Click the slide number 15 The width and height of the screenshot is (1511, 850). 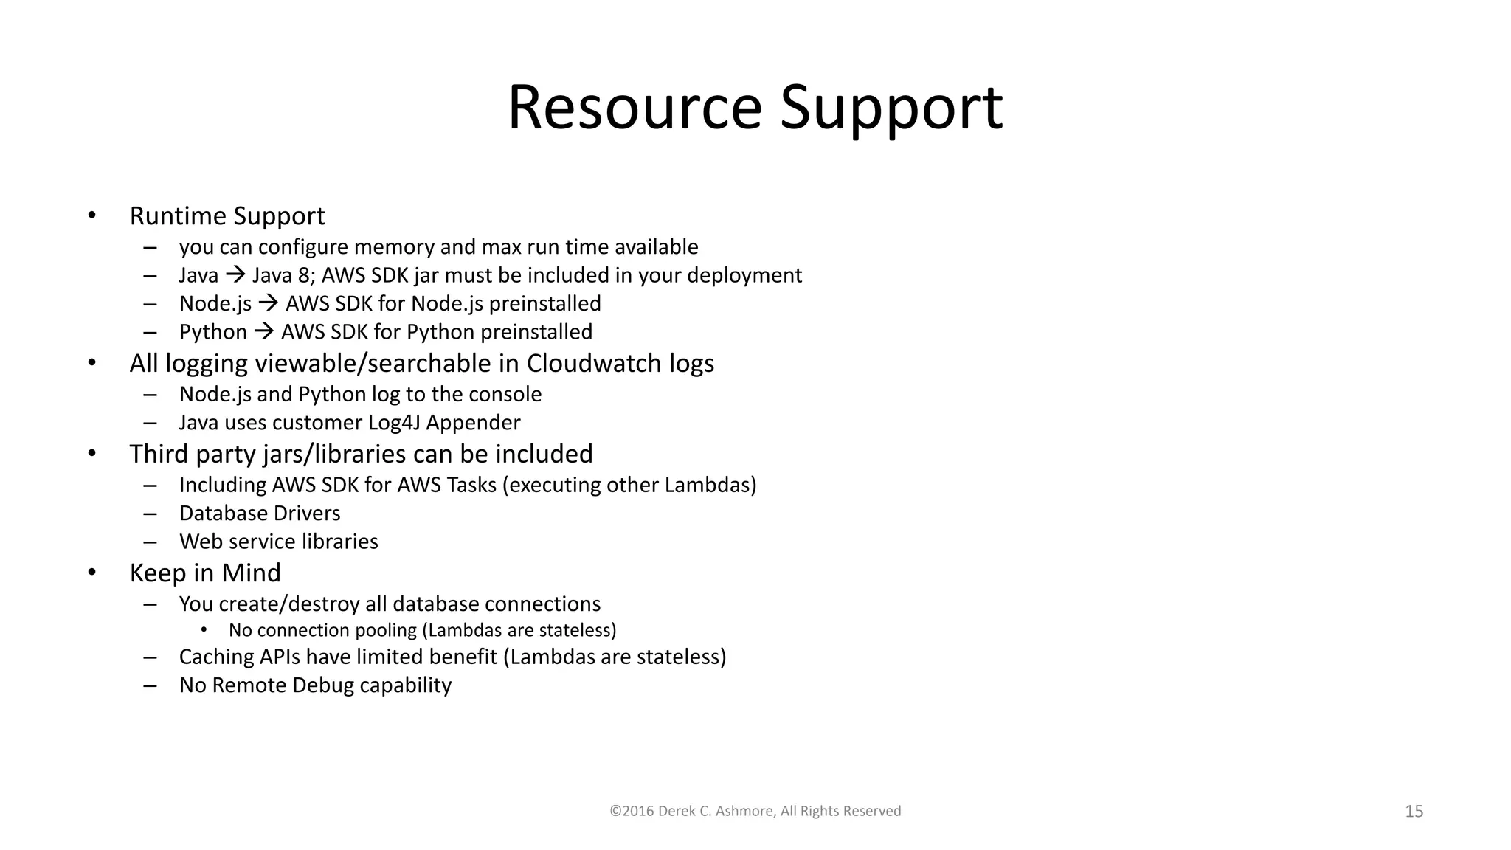point(1414,812)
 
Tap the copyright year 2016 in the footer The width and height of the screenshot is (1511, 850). point(637,811)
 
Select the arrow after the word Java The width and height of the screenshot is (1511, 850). point(235,275)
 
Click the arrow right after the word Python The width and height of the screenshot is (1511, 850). point(263,332)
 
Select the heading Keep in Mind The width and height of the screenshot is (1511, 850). point(205,573)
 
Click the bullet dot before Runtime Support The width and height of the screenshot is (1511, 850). point(91,215)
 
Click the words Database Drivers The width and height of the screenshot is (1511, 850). point(260,514)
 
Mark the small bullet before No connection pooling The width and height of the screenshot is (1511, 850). point(204,629)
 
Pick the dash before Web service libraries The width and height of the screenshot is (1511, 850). point(151,542)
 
